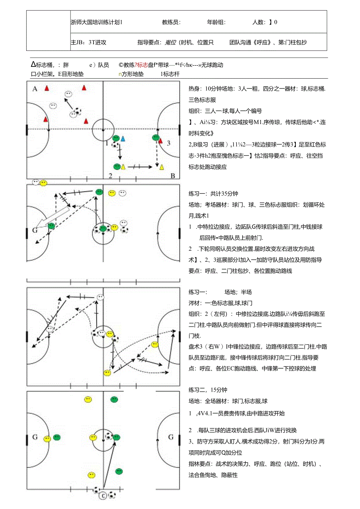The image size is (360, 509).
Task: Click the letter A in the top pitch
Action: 35,89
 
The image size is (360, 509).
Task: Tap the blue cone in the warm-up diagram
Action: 123,138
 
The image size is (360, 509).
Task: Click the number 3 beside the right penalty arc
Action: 169,143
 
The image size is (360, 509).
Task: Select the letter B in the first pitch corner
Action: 173,176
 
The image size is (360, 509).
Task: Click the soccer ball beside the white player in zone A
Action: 79,112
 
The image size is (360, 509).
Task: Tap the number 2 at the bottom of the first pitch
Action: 110,176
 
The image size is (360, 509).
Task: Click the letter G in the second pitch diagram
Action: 35,230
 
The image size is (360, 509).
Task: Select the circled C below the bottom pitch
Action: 103,496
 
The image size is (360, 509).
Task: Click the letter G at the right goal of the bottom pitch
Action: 171,437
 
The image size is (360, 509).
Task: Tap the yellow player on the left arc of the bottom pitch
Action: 47,439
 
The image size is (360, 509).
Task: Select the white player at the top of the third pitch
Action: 101,297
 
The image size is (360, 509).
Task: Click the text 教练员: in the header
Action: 171,22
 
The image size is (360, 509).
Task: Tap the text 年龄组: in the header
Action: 216,22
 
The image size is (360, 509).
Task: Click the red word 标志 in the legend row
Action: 143,65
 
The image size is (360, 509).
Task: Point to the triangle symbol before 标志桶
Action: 34,65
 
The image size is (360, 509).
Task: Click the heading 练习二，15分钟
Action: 208,390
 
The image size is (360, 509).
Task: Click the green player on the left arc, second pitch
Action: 51,225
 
